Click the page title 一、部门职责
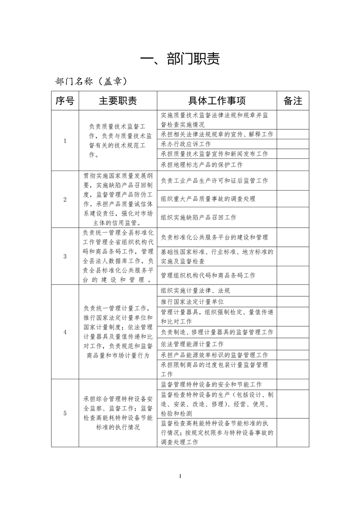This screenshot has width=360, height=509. coord(180,59)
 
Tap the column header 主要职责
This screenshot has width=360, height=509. coord(118,100)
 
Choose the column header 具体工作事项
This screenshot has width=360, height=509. coord(217,100)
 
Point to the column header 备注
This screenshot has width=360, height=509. coord(293,100)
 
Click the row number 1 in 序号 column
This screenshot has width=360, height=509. coord(65,141)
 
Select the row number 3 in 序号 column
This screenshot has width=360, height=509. coord(65,256)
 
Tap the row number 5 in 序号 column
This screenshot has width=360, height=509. coord(65,413)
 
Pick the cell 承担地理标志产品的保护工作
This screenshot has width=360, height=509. coord(202,165)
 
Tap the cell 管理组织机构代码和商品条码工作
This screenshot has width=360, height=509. coord(208,275)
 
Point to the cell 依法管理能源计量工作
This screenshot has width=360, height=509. coord(192,344)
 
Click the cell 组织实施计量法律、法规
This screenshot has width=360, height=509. coord(195,291)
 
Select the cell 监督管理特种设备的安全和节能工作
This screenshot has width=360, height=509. coord(211,384)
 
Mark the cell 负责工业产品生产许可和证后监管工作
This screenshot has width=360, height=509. coord(214,181)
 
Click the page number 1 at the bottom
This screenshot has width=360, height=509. coord(180,476)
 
